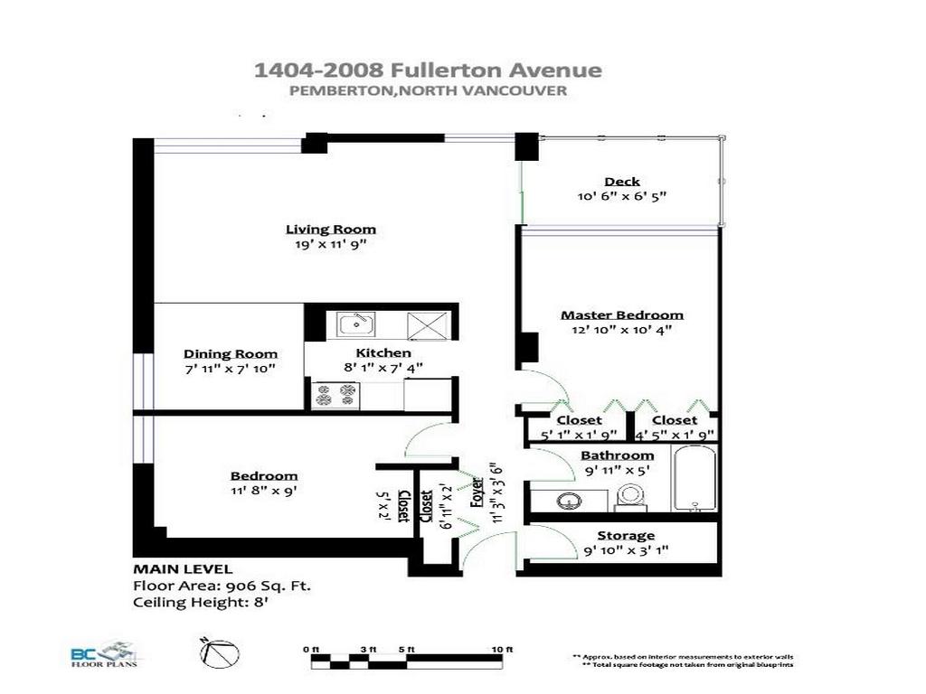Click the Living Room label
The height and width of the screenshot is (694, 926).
(x=331, y=229)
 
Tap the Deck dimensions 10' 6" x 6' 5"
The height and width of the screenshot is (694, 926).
(x=622, y=196)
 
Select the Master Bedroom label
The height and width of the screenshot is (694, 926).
(x=622, y=314)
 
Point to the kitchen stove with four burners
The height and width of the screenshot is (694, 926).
(x=335, y=394)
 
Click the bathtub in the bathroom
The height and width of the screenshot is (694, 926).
(x=694, y=478)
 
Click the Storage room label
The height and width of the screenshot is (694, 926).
(x=625, y=536)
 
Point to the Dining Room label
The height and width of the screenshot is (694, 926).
(x=231, y=353)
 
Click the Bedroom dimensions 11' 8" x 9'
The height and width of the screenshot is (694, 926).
(x=263, y=491)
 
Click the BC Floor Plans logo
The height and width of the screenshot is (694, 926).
(x=100, y=653)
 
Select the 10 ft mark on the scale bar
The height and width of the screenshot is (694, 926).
(x=503, y=650)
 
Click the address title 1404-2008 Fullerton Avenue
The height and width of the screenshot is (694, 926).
(x=427, y=70)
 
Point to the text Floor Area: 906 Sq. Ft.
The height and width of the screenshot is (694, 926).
(x=222, y=586)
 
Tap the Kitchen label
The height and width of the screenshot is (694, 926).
(x=383, y=352)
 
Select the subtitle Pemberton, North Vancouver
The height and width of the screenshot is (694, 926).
(x=428, y=90)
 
